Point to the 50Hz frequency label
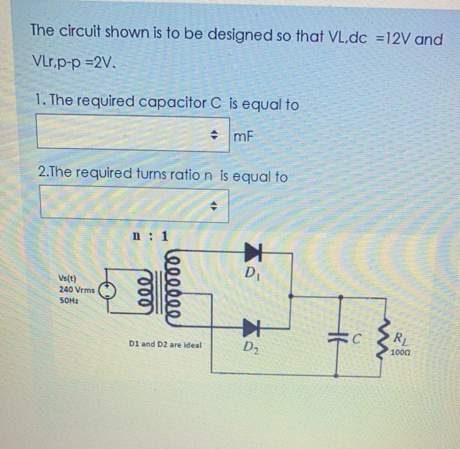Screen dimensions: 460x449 pos(68,300)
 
